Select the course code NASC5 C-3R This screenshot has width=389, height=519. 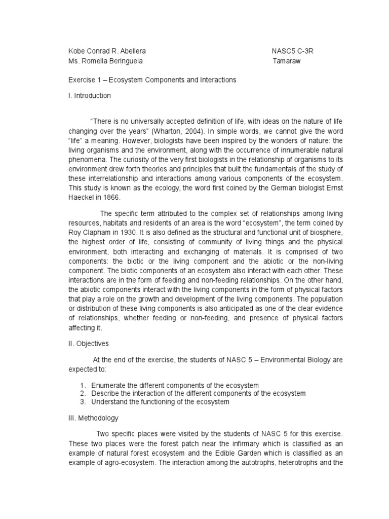click(296, 52)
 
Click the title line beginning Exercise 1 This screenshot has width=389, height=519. click(152, 80)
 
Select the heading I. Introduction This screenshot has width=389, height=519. click(90, 95)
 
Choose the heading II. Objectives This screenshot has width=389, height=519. click(89, 343)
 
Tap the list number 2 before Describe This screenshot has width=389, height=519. click(83, 394)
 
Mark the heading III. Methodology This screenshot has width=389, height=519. click(94, 418)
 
